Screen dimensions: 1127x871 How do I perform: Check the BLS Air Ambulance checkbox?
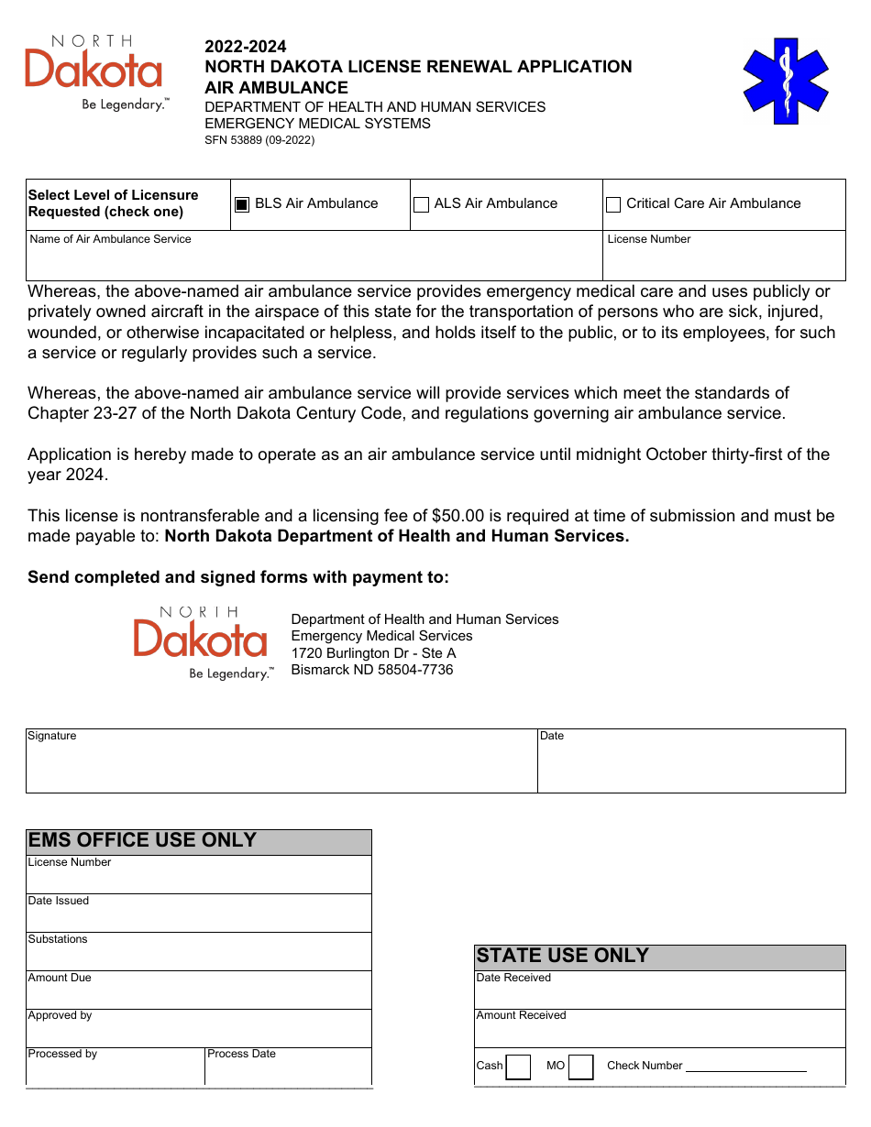tap(242, 205)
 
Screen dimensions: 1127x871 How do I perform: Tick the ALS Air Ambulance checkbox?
tap(422, 205)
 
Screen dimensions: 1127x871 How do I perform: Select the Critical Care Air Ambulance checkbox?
tap(613, 205)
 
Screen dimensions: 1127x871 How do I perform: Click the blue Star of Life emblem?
tap(786, 81)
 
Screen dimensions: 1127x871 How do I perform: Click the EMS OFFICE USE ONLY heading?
tap(143, 841)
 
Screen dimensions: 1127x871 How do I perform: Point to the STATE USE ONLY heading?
tap(562, 956)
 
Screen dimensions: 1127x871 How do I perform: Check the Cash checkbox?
tap(518, 1067)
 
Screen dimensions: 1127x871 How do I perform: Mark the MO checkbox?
tap(580, 1067)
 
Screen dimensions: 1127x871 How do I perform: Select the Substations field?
tap(198, 957)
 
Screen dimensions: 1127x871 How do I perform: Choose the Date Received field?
tap(659, 995)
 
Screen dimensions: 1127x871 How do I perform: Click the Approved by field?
tap(198, 1033)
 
